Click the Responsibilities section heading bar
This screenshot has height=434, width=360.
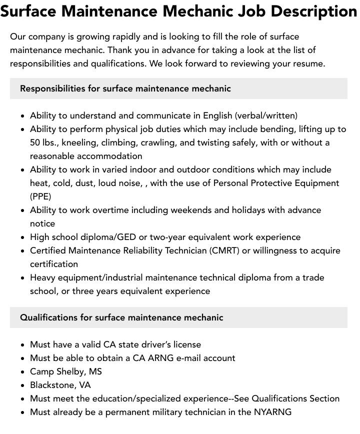[x=178, y=88]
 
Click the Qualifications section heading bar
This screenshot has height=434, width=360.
[x=178, y=317]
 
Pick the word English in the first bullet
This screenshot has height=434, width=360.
[x=217, y=115]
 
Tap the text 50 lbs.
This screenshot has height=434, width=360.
[x=44, y=142]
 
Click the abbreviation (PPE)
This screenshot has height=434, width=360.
[x=40, y=196]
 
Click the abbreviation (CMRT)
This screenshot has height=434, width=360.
[x=222, y=250]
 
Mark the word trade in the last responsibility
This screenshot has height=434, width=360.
[x=311, y=277]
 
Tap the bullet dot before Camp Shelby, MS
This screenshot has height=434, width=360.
[x=23, y=372]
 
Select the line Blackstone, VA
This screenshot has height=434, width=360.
[x=60, y=385]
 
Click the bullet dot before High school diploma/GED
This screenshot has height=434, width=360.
[x=23, y=237]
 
